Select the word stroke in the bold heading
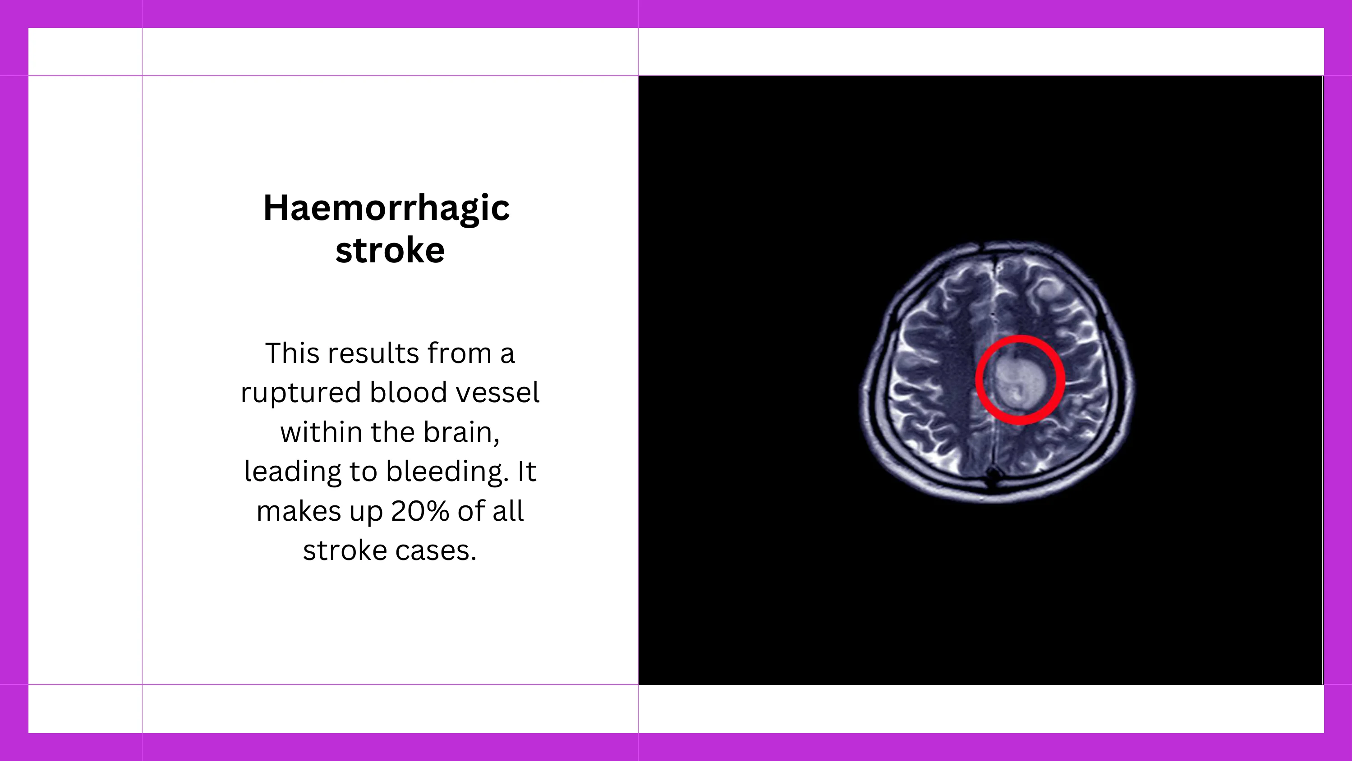point(390,250)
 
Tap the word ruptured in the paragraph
point(301,394)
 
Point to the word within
point(322,432)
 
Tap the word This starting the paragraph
point(292,353)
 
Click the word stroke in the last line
point(345,550)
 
